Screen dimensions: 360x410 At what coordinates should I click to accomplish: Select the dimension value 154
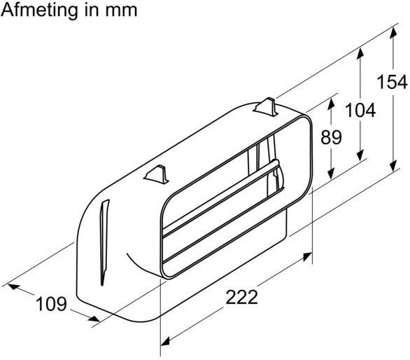pos(392,82)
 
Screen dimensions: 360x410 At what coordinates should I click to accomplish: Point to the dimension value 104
pos(360,109)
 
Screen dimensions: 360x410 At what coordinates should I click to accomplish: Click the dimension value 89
pos(331,137)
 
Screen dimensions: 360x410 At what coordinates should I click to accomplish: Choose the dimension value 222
pos(241,297)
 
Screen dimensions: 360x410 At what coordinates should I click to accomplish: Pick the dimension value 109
pos(51,304)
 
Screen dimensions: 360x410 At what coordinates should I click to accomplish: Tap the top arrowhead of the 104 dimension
pos(360,53)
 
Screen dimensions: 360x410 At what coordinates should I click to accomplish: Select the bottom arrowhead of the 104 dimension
pos(360,158)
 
